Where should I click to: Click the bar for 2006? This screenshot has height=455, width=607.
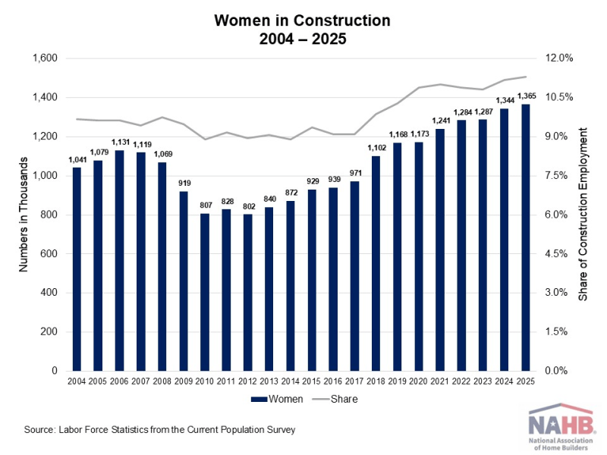click(119, 260)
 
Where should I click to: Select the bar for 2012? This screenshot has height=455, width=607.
click(248, 293)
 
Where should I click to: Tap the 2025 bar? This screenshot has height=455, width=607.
click(525, 237)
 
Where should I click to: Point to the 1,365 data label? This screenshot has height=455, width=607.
click(527, 96)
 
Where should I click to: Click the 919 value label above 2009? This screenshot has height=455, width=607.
click(184, 183)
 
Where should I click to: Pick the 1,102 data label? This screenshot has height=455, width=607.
click(376, 148)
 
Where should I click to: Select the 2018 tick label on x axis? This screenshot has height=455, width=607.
click(376, 381)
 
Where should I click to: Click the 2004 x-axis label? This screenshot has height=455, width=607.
click(77, 381)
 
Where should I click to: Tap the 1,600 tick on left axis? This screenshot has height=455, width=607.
click(45, 58)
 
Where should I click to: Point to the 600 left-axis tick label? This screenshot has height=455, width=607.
click(49, 254)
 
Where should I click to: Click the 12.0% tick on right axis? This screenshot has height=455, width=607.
click(559, 58)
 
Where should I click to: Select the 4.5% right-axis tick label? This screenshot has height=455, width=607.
click(556, 254)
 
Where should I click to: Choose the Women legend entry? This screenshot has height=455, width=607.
click(277, 399)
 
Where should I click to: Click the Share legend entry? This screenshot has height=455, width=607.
click(335, 399)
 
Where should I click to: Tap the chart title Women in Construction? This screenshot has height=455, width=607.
click(302, 20)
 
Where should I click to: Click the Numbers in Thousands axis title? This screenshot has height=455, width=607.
click(24, 215)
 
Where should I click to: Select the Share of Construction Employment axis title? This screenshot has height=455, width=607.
click(583, 215)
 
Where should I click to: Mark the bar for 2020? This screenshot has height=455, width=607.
click(419, 256)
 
